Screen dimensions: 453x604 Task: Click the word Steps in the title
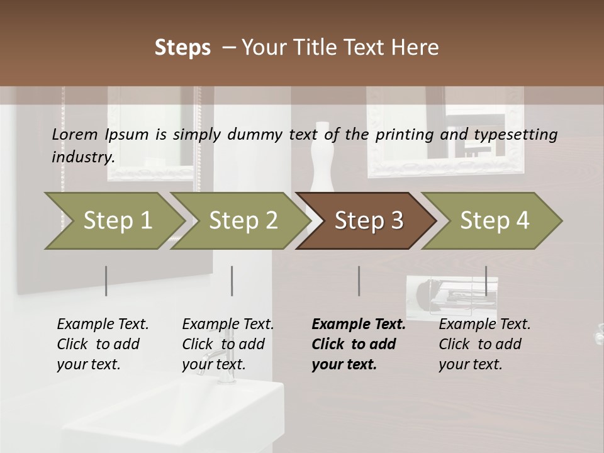pos(182,47)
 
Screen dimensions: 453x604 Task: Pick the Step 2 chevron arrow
pos(239,221)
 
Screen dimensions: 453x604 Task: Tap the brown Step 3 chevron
pos(365,221)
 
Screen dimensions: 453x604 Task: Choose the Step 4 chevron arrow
pos(491,221)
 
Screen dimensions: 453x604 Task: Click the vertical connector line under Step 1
pos(106,281)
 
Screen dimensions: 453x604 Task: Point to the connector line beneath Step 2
pos(232,281)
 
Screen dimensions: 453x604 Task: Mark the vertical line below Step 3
pos(359,281)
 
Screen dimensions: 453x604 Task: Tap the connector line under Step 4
pos(486,281)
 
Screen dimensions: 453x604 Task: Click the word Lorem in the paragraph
pos(75,134)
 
